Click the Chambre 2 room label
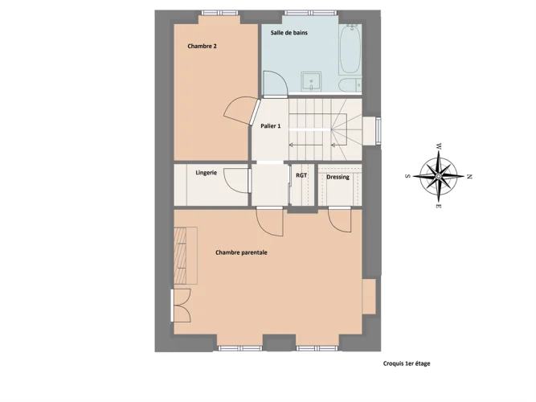click(202, 46)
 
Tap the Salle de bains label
click(288, 33)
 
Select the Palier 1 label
click(270, 126)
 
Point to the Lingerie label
click(207, 173)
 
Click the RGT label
click(301, 175)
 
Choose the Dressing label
click(338, 177)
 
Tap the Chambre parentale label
click(241, 252)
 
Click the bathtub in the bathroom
click(350, 50)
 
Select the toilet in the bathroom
click(350, 85)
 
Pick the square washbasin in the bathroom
click(311, 82)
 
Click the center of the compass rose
click(439, 176)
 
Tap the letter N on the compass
click(469, 177)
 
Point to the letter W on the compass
click(439, 146)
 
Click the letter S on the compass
click(407, 176)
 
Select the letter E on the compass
click(438, 206)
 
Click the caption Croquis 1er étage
click(407, 363)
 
